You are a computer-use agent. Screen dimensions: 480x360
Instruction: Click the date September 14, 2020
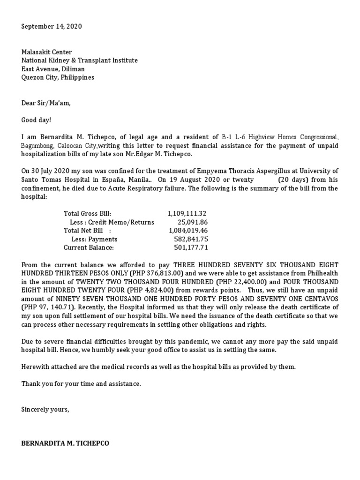[52, 27]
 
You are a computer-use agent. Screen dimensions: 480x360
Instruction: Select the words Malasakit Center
[46, 52]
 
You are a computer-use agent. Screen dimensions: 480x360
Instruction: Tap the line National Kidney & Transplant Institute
[80, 60]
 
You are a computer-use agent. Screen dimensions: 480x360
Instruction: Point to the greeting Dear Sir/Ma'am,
[45, 103]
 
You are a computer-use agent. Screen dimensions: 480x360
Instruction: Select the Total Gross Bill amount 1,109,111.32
[187, 214]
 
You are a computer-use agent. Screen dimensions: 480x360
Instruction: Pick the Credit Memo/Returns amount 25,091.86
[192, 222]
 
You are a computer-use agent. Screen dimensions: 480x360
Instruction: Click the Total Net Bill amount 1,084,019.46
[188, 231]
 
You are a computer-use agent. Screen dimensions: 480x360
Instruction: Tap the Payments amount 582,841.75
[191, 239]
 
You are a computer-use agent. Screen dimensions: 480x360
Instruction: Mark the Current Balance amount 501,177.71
[191, 247]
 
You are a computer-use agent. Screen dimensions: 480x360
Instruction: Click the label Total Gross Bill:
[87, 214]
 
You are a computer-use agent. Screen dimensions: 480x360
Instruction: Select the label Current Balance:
[89, 247]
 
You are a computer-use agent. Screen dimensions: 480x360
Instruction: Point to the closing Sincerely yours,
[45, 409]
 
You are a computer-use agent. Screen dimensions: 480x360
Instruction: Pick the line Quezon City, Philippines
[58, 77]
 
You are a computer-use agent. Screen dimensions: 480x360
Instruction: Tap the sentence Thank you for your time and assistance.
[81, 384]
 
